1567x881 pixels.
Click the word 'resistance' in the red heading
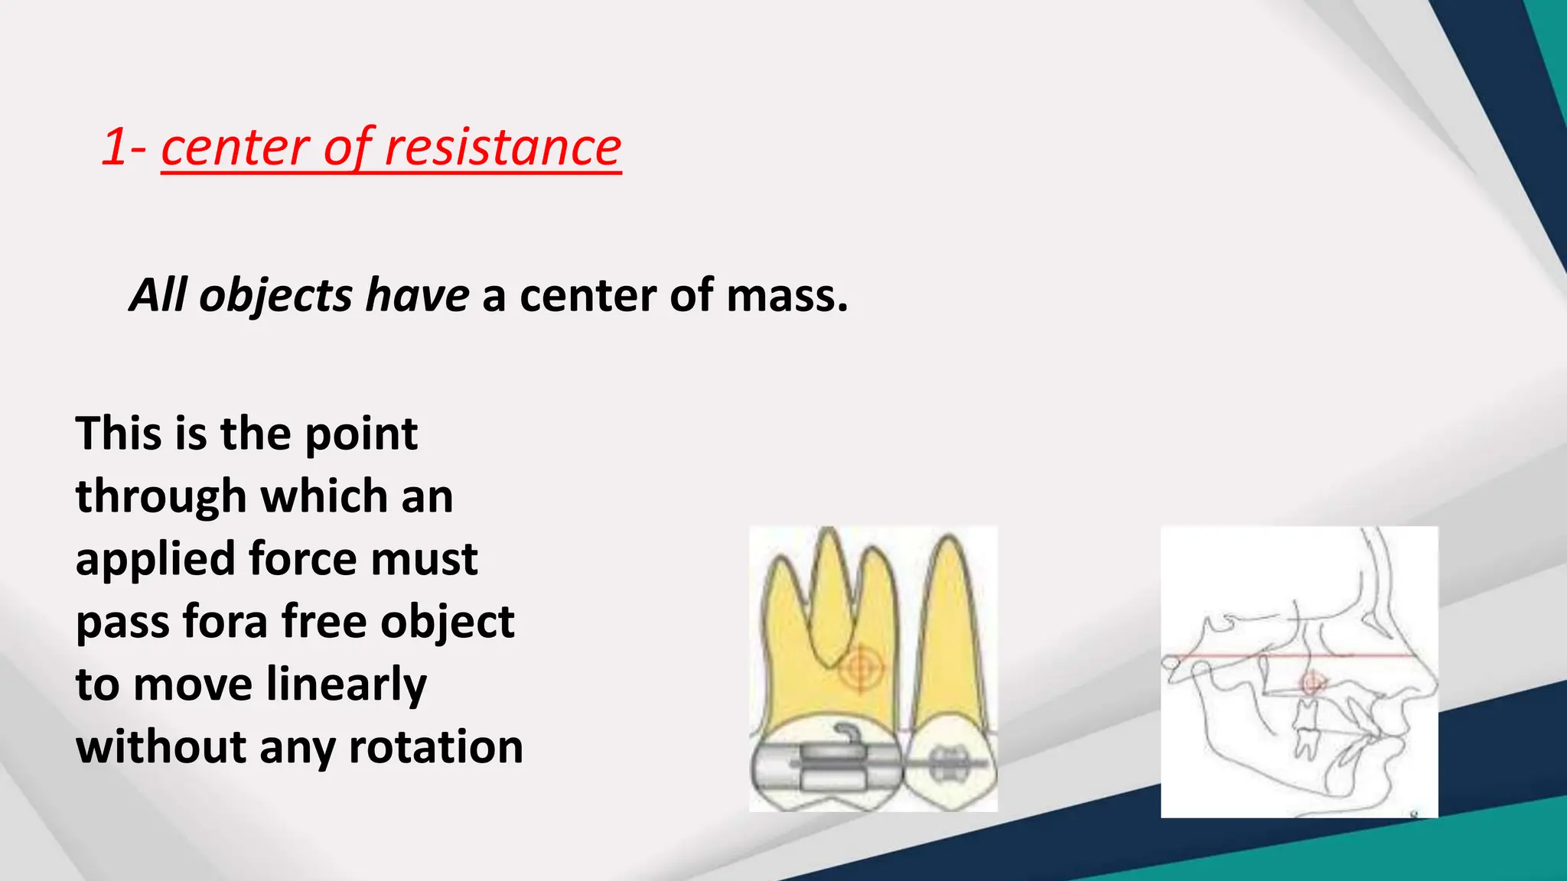502,147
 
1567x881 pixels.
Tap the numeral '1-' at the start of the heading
124,147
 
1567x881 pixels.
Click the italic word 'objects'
275,297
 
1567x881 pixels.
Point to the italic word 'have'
416,295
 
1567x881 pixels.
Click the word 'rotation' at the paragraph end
436,747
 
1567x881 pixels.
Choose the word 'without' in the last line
160,747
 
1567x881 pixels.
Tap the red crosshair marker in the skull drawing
1311,681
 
